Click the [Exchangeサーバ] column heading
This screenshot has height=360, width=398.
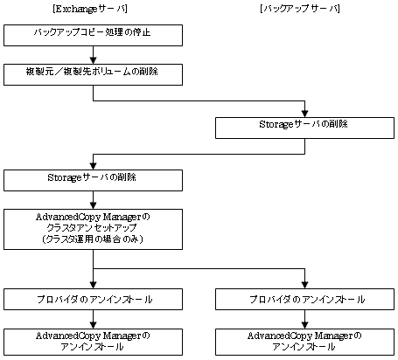(90, 9)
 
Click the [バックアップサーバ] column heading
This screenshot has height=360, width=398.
(300, 9)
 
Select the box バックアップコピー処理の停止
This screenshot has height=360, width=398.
(93, 35)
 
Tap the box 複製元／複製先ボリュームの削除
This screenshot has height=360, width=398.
(93, 75)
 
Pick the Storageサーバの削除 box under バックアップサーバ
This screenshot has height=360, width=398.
(304, 128)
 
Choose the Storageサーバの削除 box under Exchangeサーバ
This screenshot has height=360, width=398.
(93, 181)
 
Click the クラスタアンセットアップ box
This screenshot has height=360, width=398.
(93, 229)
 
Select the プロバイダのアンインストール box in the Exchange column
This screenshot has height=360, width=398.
(93, 299)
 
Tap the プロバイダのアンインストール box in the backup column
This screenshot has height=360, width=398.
(304, 299)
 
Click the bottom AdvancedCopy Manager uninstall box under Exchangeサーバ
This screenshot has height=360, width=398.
(93, 342)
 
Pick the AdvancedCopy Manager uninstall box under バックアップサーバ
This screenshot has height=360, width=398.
(304, 342)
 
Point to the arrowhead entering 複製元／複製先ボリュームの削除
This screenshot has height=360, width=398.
(93, 61)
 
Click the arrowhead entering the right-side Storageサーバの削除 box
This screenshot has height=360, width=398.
(304, 114)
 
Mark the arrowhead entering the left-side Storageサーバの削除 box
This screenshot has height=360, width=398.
(93, 167)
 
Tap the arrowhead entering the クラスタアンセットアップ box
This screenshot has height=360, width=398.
(93, 205)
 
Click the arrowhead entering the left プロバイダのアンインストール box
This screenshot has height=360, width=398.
(93, 285)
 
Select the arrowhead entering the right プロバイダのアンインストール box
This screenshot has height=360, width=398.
(304, 285)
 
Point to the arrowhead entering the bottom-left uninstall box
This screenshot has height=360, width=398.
(93, 325)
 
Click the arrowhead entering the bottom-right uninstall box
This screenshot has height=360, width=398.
(304, 325)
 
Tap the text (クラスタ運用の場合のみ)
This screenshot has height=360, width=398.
(93, 239)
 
